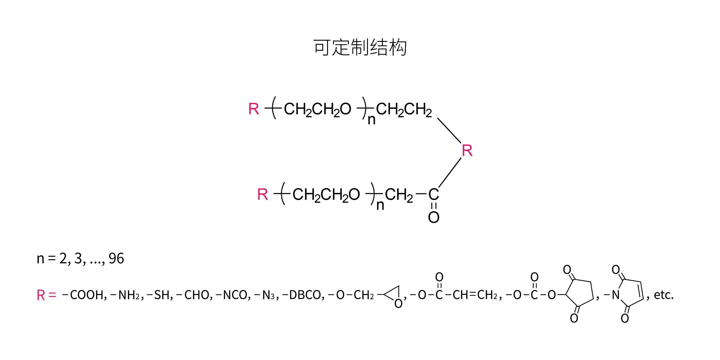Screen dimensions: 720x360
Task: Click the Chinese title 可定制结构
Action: point(360,47)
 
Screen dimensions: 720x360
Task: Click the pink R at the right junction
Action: point(467,151)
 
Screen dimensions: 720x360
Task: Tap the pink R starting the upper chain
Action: point(253,109)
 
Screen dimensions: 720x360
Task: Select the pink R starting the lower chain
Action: point(262,195)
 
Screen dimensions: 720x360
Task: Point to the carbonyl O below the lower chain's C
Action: point(434,217)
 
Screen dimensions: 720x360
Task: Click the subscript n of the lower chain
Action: point(380,205)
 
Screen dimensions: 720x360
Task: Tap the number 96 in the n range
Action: point(116,259)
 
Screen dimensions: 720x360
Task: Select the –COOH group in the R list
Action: point(84,295)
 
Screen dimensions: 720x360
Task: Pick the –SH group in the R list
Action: point(159,295)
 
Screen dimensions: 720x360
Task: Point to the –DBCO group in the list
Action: point(303,295)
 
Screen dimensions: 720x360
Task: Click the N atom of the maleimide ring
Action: point(616,295)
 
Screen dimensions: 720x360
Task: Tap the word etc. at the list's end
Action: point(664,295)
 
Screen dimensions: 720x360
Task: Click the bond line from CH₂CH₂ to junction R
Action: point(449,131)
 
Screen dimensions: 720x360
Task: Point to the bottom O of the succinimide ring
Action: point(574,318)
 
